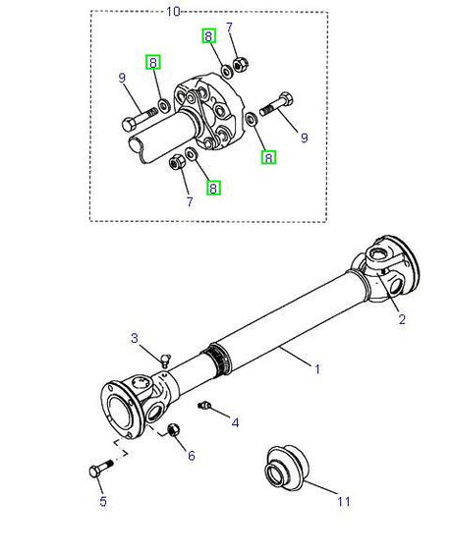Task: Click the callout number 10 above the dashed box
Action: (x=173, y=12)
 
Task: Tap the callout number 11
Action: (x=343, y=501)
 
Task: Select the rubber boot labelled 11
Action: (x=287, y=468)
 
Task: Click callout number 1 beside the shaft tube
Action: (x=317, y=369)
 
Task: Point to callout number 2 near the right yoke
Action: (x=402, y=319)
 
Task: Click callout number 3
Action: (x=135, y=338)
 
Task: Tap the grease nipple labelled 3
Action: (x=165, y=361)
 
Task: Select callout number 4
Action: (x=235, y=422)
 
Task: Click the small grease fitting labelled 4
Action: (x=204, y=406)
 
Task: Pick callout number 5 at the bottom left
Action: (x=102, y=501)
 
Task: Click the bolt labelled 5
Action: (x=100, y=468)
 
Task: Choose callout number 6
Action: (x=192, y=456)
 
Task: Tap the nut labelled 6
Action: (x=173, y=429)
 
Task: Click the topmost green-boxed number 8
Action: (x=208, y=36)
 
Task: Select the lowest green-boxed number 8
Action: (x=213, y=188)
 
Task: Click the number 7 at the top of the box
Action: (x=229, y=28)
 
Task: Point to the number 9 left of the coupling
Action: (x=122, y=78)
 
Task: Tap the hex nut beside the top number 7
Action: (x=241, y=64)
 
